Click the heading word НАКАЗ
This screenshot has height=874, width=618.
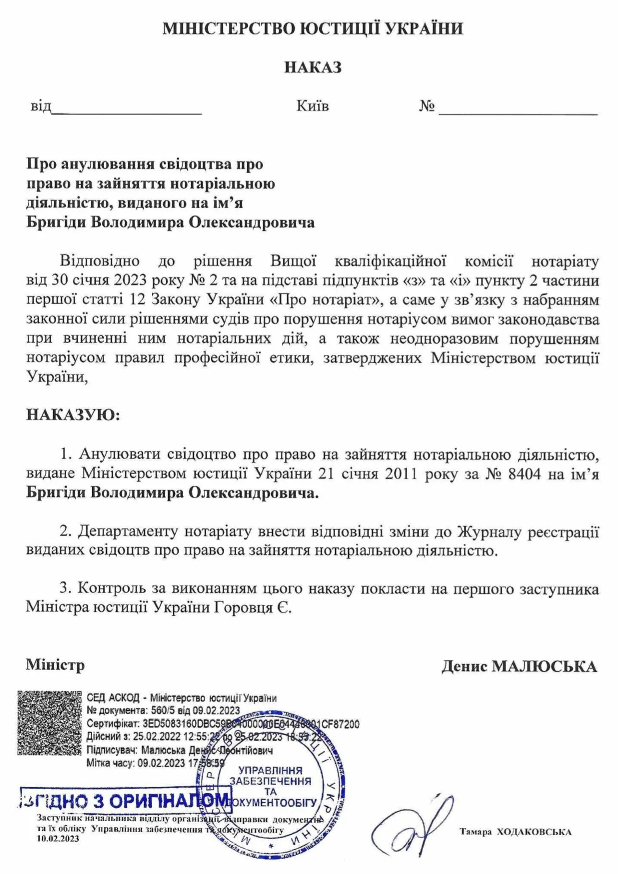tap(313, 67)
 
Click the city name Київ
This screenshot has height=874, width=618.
tap(313, 106)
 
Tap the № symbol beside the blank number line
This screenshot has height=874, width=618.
tap(426, 106)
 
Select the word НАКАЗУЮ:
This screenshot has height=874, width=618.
tap(73, 415)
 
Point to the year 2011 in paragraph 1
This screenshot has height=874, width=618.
tap(402, 474)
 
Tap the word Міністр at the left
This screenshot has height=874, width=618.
tap(55, 665)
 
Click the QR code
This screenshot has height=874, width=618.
tap(49, 722)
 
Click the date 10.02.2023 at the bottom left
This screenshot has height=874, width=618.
tap(58, 838)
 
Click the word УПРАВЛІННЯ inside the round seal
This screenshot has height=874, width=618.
tap(270, 770)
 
